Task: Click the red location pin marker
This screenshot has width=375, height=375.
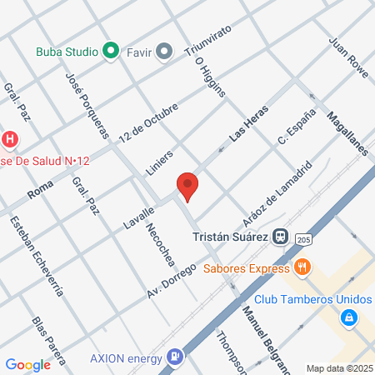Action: (x=187, y=187)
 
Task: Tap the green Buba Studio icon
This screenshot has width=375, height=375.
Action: (x=111, y=52)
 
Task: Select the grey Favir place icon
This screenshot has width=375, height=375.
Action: (x=164, y=52)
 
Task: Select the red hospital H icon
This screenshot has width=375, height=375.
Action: (x=10, y=138)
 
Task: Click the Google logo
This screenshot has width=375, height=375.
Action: (x=27, y=364)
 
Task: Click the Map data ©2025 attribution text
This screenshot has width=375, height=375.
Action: (x=337, y=367)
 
